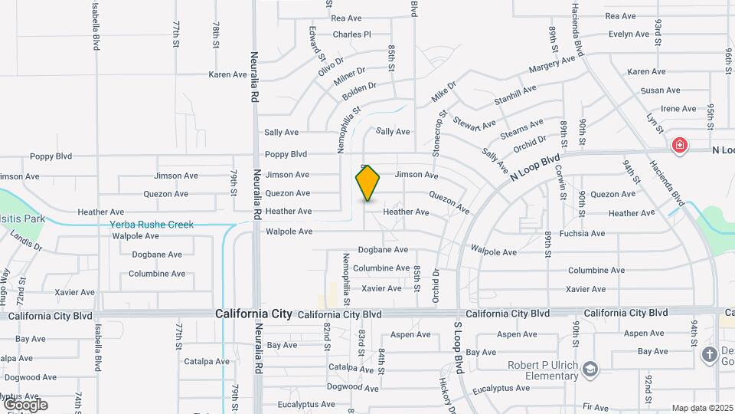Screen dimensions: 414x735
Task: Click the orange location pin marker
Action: tap(368, 183)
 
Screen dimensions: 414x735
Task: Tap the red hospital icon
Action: tap(678, 146)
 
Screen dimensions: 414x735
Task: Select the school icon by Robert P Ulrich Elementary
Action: tap(590, 370)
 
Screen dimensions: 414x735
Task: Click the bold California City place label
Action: tap(253, 314)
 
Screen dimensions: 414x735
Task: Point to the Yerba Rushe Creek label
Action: tap(152, 225)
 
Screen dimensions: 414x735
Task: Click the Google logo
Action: tap(25, 405)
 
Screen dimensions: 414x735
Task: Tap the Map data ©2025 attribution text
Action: tap(703, 408)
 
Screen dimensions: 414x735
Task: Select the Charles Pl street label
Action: tap(351, 34)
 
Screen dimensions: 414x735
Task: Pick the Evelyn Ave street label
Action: tap(629, 34)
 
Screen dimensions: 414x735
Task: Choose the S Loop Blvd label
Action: tap(458, 348)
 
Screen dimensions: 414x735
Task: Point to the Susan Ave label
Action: tap(660, 90)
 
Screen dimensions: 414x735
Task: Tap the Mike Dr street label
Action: tap(443, 91)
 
